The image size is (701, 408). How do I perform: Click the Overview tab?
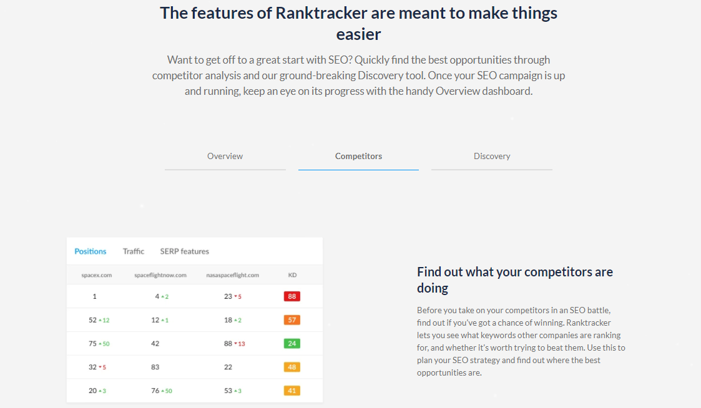pyautogui.click(x=225, y=156)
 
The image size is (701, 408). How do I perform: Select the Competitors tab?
pyautogui.click(x=358, y=156)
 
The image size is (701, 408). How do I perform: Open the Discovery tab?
pyautogui.click(x=492, y=156)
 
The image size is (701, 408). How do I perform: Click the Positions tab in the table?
pyautogui.click(x=91, y=251)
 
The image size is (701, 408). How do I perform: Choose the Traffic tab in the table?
pyautogui.click(x=134, y=251)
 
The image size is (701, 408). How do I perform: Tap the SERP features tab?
pyautogui.click(x=184, y=251)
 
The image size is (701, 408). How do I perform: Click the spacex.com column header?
pyautogui.click(x=97, y=274)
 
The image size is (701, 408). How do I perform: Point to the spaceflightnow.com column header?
pyautogui.click(x=160, y=274)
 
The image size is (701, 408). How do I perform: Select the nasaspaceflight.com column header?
pyautogui.click(x=232, y=274)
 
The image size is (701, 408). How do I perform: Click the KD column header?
pyautogui.click(x=292, y=274)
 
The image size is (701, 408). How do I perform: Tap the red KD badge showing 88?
pyautogui.click(x=292, y=296)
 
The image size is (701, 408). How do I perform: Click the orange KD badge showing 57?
pyautogui.click(x=292, y=320)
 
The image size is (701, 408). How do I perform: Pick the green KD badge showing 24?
pyautogui.click(x=292, y=343)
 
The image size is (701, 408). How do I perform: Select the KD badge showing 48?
pyautogui.click(x=292, y=367)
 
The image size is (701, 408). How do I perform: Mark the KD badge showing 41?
pyautogui.click(x=292, y=391)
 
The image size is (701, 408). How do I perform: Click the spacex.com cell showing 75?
pyautogui.click(x=92, y=343)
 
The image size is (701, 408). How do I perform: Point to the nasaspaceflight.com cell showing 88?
pyautogui.click(x=228, y=343)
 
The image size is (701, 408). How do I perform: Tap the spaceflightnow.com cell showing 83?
pyautogui.click(x=155, y=367)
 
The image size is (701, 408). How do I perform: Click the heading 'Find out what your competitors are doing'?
pyautogui.click(x=514, y=279)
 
